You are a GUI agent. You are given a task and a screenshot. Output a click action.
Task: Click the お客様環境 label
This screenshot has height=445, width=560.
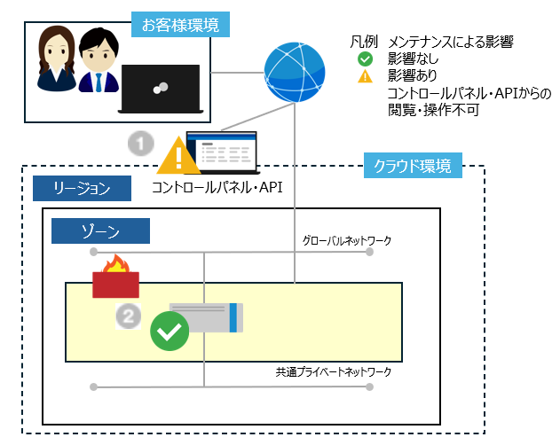coord(180,22)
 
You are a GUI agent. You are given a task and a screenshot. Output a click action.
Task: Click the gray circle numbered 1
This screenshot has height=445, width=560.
coord(140,143)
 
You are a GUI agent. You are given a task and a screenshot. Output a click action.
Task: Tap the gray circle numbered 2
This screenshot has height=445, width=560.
coord(130,315)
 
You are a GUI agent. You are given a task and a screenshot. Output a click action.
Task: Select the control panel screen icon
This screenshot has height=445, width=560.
coord(221,152)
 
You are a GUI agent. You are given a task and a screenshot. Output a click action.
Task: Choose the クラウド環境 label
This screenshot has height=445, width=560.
coord(413,166)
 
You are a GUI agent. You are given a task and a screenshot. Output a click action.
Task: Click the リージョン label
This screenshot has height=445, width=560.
coord(81,188)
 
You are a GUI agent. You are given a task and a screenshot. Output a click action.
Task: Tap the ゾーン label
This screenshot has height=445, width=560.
coord(99,230)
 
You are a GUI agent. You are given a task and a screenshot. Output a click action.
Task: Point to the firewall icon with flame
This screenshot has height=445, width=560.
coord(115,277)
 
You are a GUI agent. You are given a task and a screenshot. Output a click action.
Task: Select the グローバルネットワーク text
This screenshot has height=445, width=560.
coord(346,240)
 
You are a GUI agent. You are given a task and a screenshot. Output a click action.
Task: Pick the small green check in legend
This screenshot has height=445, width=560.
coord(365,59)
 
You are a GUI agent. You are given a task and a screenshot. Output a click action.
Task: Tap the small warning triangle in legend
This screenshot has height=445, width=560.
coord(365,77)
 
